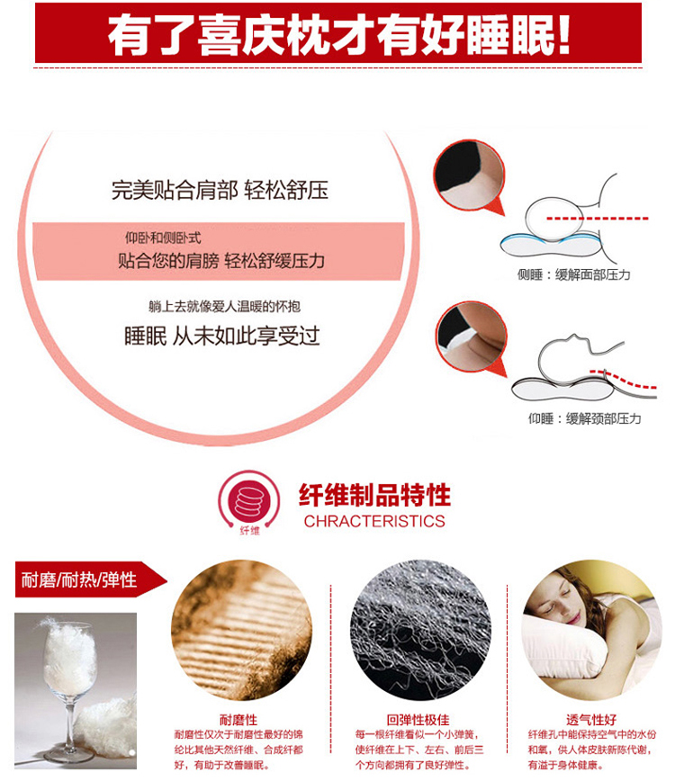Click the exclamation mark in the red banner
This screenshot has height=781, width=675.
(x=563, y=35)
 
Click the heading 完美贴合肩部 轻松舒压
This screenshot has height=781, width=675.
(x=220, y=190)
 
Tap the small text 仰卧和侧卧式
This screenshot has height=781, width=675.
(x=163, y=238)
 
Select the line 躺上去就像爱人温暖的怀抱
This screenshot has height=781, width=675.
(x=225, y=306)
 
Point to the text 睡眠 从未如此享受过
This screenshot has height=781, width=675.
(x=221, y=336)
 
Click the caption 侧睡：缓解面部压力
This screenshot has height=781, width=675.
(x=574, y=274)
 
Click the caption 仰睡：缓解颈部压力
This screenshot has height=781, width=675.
(x=585, y=418)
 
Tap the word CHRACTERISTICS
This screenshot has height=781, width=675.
(x=374, y=521)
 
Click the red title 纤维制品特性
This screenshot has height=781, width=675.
(x=374, y=495)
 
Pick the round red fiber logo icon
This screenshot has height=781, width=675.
(x=249, y=501)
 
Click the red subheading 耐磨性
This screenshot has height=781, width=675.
(x=238, y=719)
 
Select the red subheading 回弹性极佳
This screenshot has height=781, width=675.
(x=418, y=719)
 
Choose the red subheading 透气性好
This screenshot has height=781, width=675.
(x=590, y=719)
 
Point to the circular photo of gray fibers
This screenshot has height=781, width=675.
(x=421, y=630)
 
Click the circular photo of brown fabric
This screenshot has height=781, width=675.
(x=241, y=630)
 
